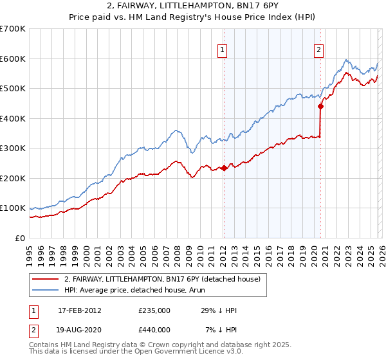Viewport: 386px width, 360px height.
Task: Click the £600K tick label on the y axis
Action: point(13,59)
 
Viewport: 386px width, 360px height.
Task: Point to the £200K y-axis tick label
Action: point(13,178)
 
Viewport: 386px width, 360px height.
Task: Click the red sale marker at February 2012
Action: point(224,168)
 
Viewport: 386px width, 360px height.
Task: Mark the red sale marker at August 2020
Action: point(320,107)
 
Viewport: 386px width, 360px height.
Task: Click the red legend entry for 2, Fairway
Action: point(161,279)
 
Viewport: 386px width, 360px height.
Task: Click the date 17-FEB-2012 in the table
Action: point(79,310)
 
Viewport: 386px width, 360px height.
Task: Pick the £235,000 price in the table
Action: point(154,310)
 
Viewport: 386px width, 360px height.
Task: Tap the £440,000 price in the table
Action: point(154,330)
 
